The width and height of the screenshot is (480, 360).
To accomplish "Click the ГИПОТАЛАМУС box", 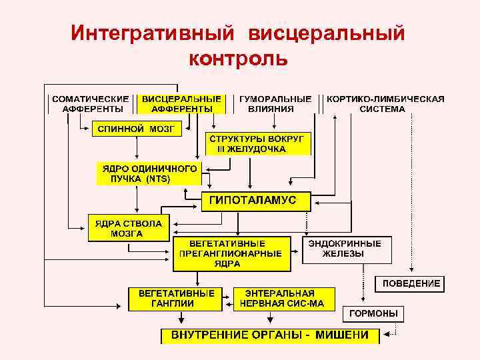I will [x=257, y=201].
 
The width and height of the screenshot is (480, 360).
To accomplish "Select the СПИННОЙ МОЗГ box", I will [x=136, y=129].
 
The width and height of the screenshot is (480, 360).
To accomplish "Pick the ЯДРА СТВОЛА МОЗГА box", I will [x=129, y=228].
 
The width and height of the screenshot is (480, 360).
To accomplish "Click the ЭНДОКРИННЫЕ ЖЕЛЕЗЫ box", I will [x=347, y=249].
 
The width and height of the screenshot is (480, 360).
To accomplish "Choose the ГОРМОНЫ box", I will [x=374, y=313].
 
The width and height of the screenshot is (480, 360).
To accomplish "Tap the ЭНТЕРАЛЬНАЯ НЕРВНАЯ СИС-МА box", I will [x=281, y=298].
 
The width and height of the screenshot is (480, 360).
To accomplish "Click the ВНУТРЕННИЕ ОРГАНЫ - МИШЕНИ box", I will [x=270, y=335].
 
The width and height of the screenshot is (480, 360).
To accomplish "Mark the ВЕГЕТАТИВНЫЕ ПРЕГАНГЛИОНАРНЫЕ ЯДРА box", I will [x=231, y=253].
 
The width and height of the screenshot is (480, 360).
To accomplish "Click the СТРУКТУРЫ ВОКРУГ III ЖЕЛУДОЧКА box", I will [x=257, y=143].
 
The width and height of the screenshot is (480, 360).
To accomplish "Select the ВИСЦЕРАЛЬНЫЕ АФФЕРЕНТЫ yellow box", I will [x=181, y=103].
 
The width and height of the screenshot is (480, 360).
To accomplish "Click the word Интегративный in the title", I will [x=152, y=33].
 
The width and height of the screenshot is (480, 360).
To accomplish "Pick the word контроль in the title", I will [x=239, y=60].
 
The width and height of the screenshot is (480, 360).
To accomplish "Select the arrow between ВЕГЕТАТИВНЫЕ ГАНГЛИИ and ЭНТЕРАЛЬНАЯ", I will [x=227, y=298].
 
